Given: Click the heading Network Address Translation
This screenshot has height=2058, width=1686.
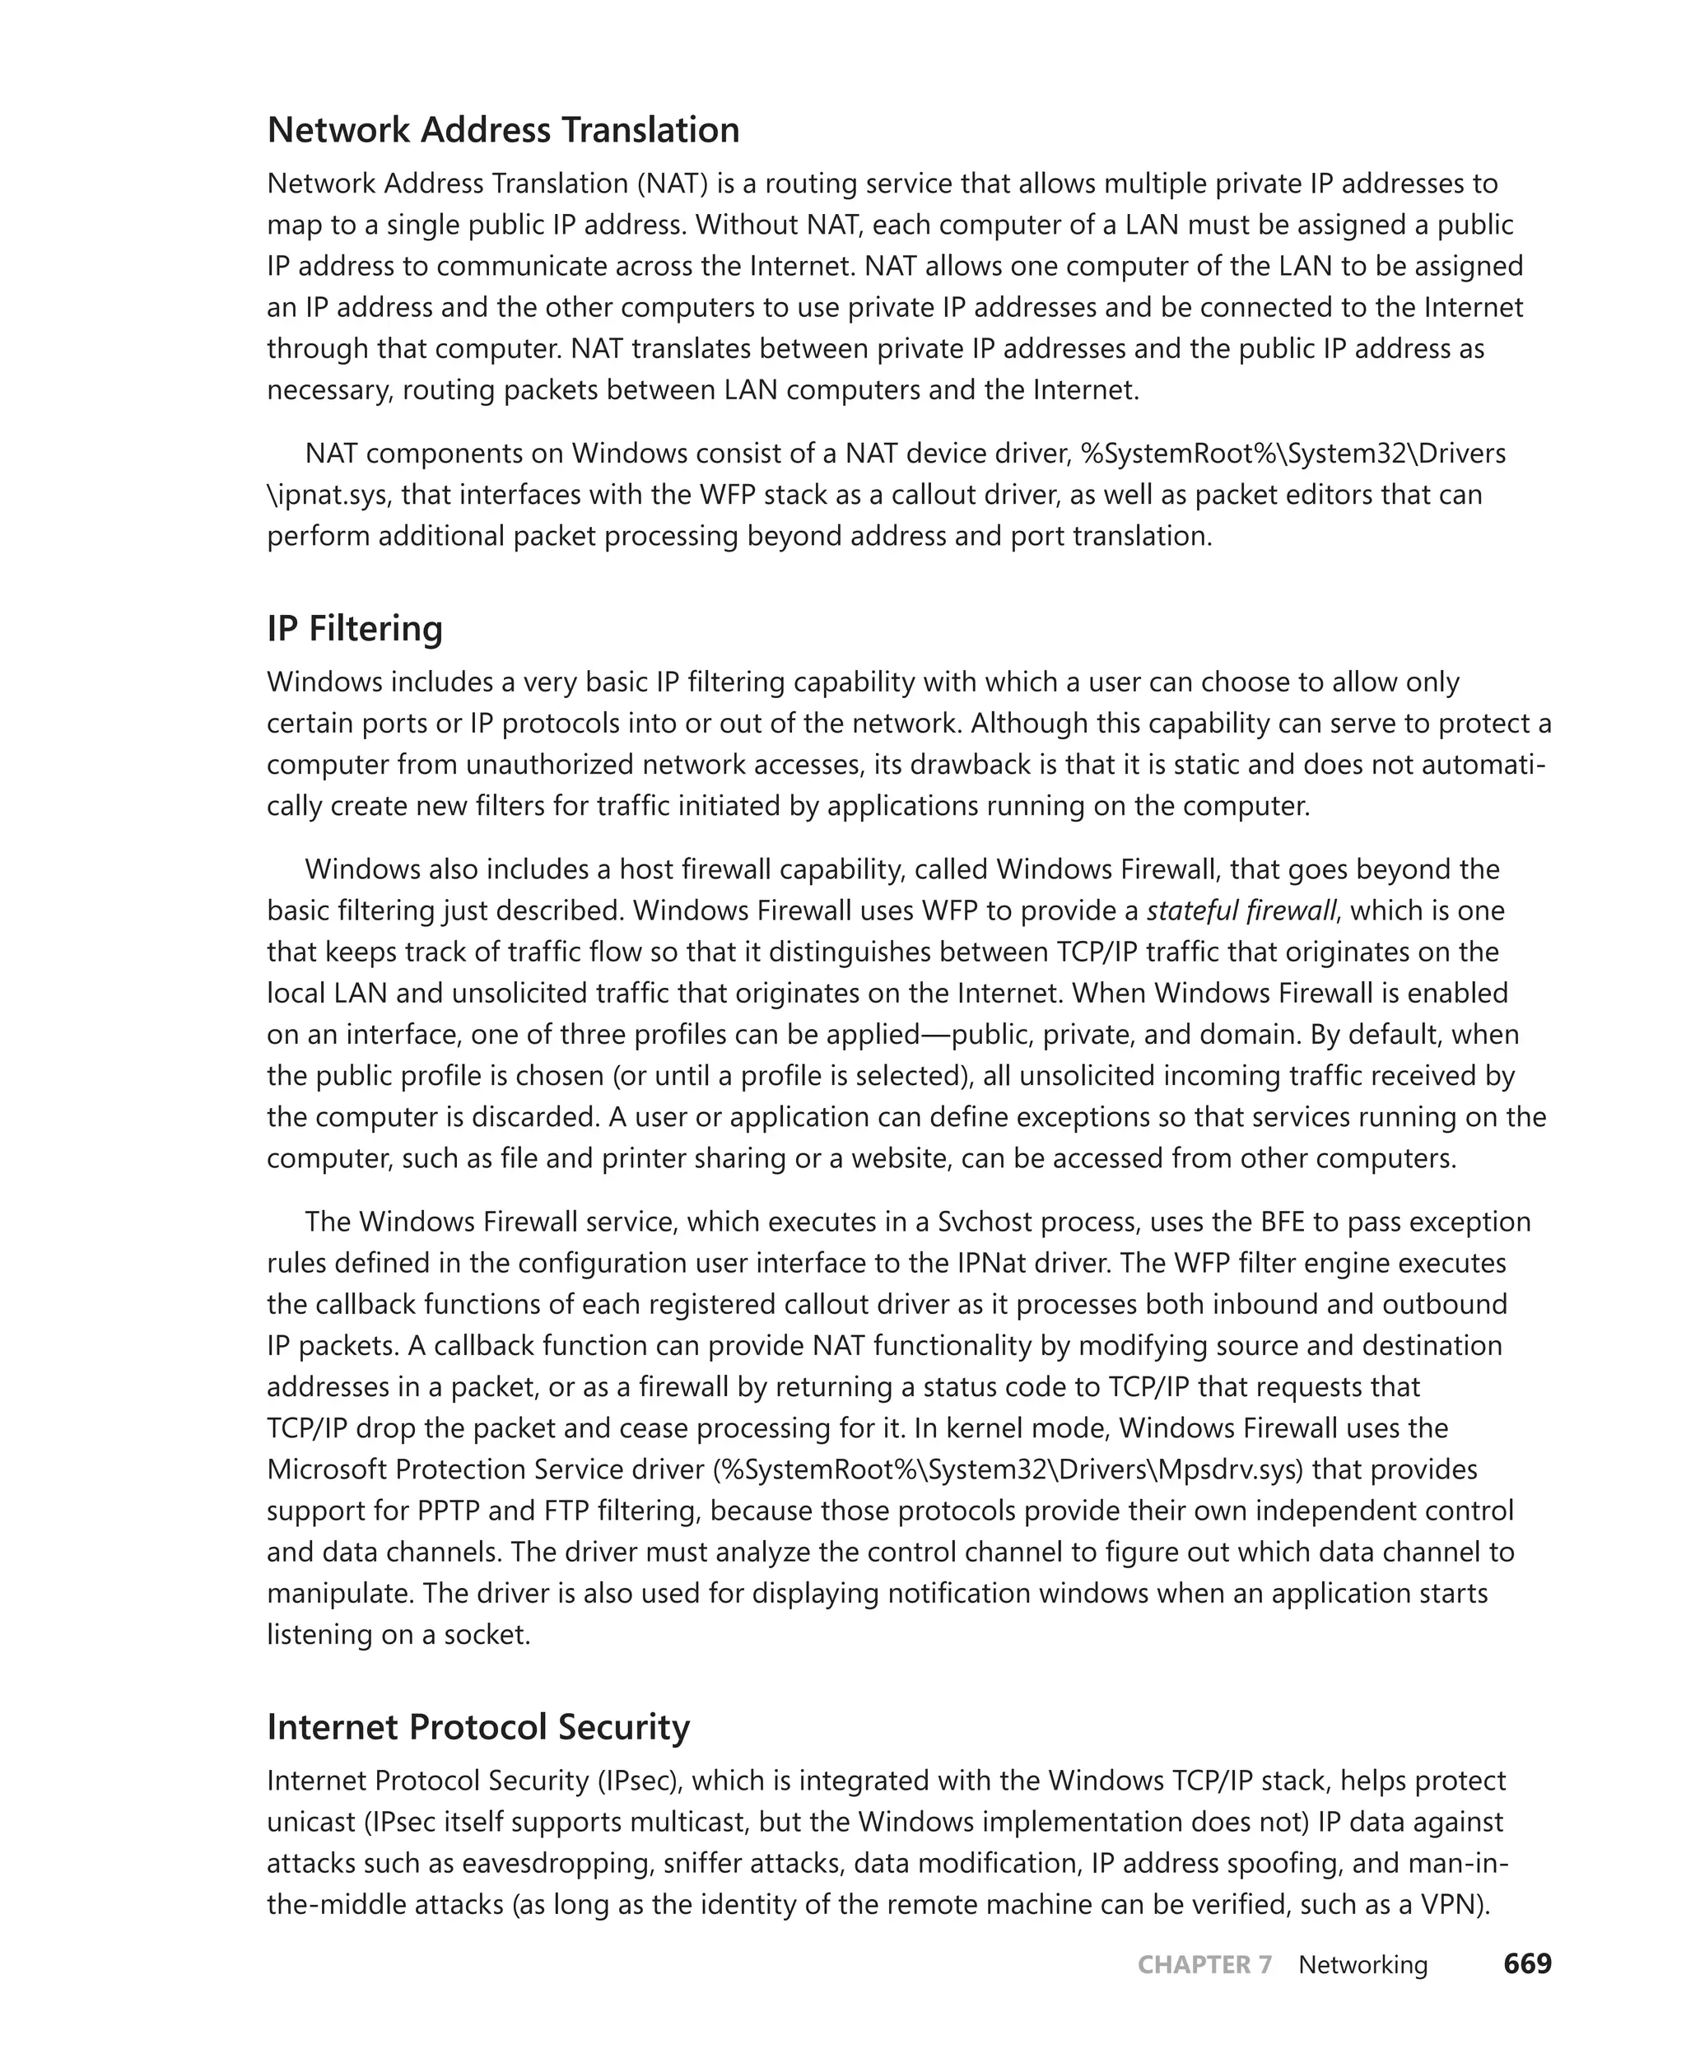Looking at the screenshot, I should point(503,130).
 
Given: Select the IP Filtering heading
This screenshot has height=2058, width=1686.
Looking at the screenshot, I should point(355,628).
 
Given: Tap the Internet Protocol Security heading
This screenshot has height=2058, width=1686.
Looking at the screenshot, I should point(477,1727).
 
